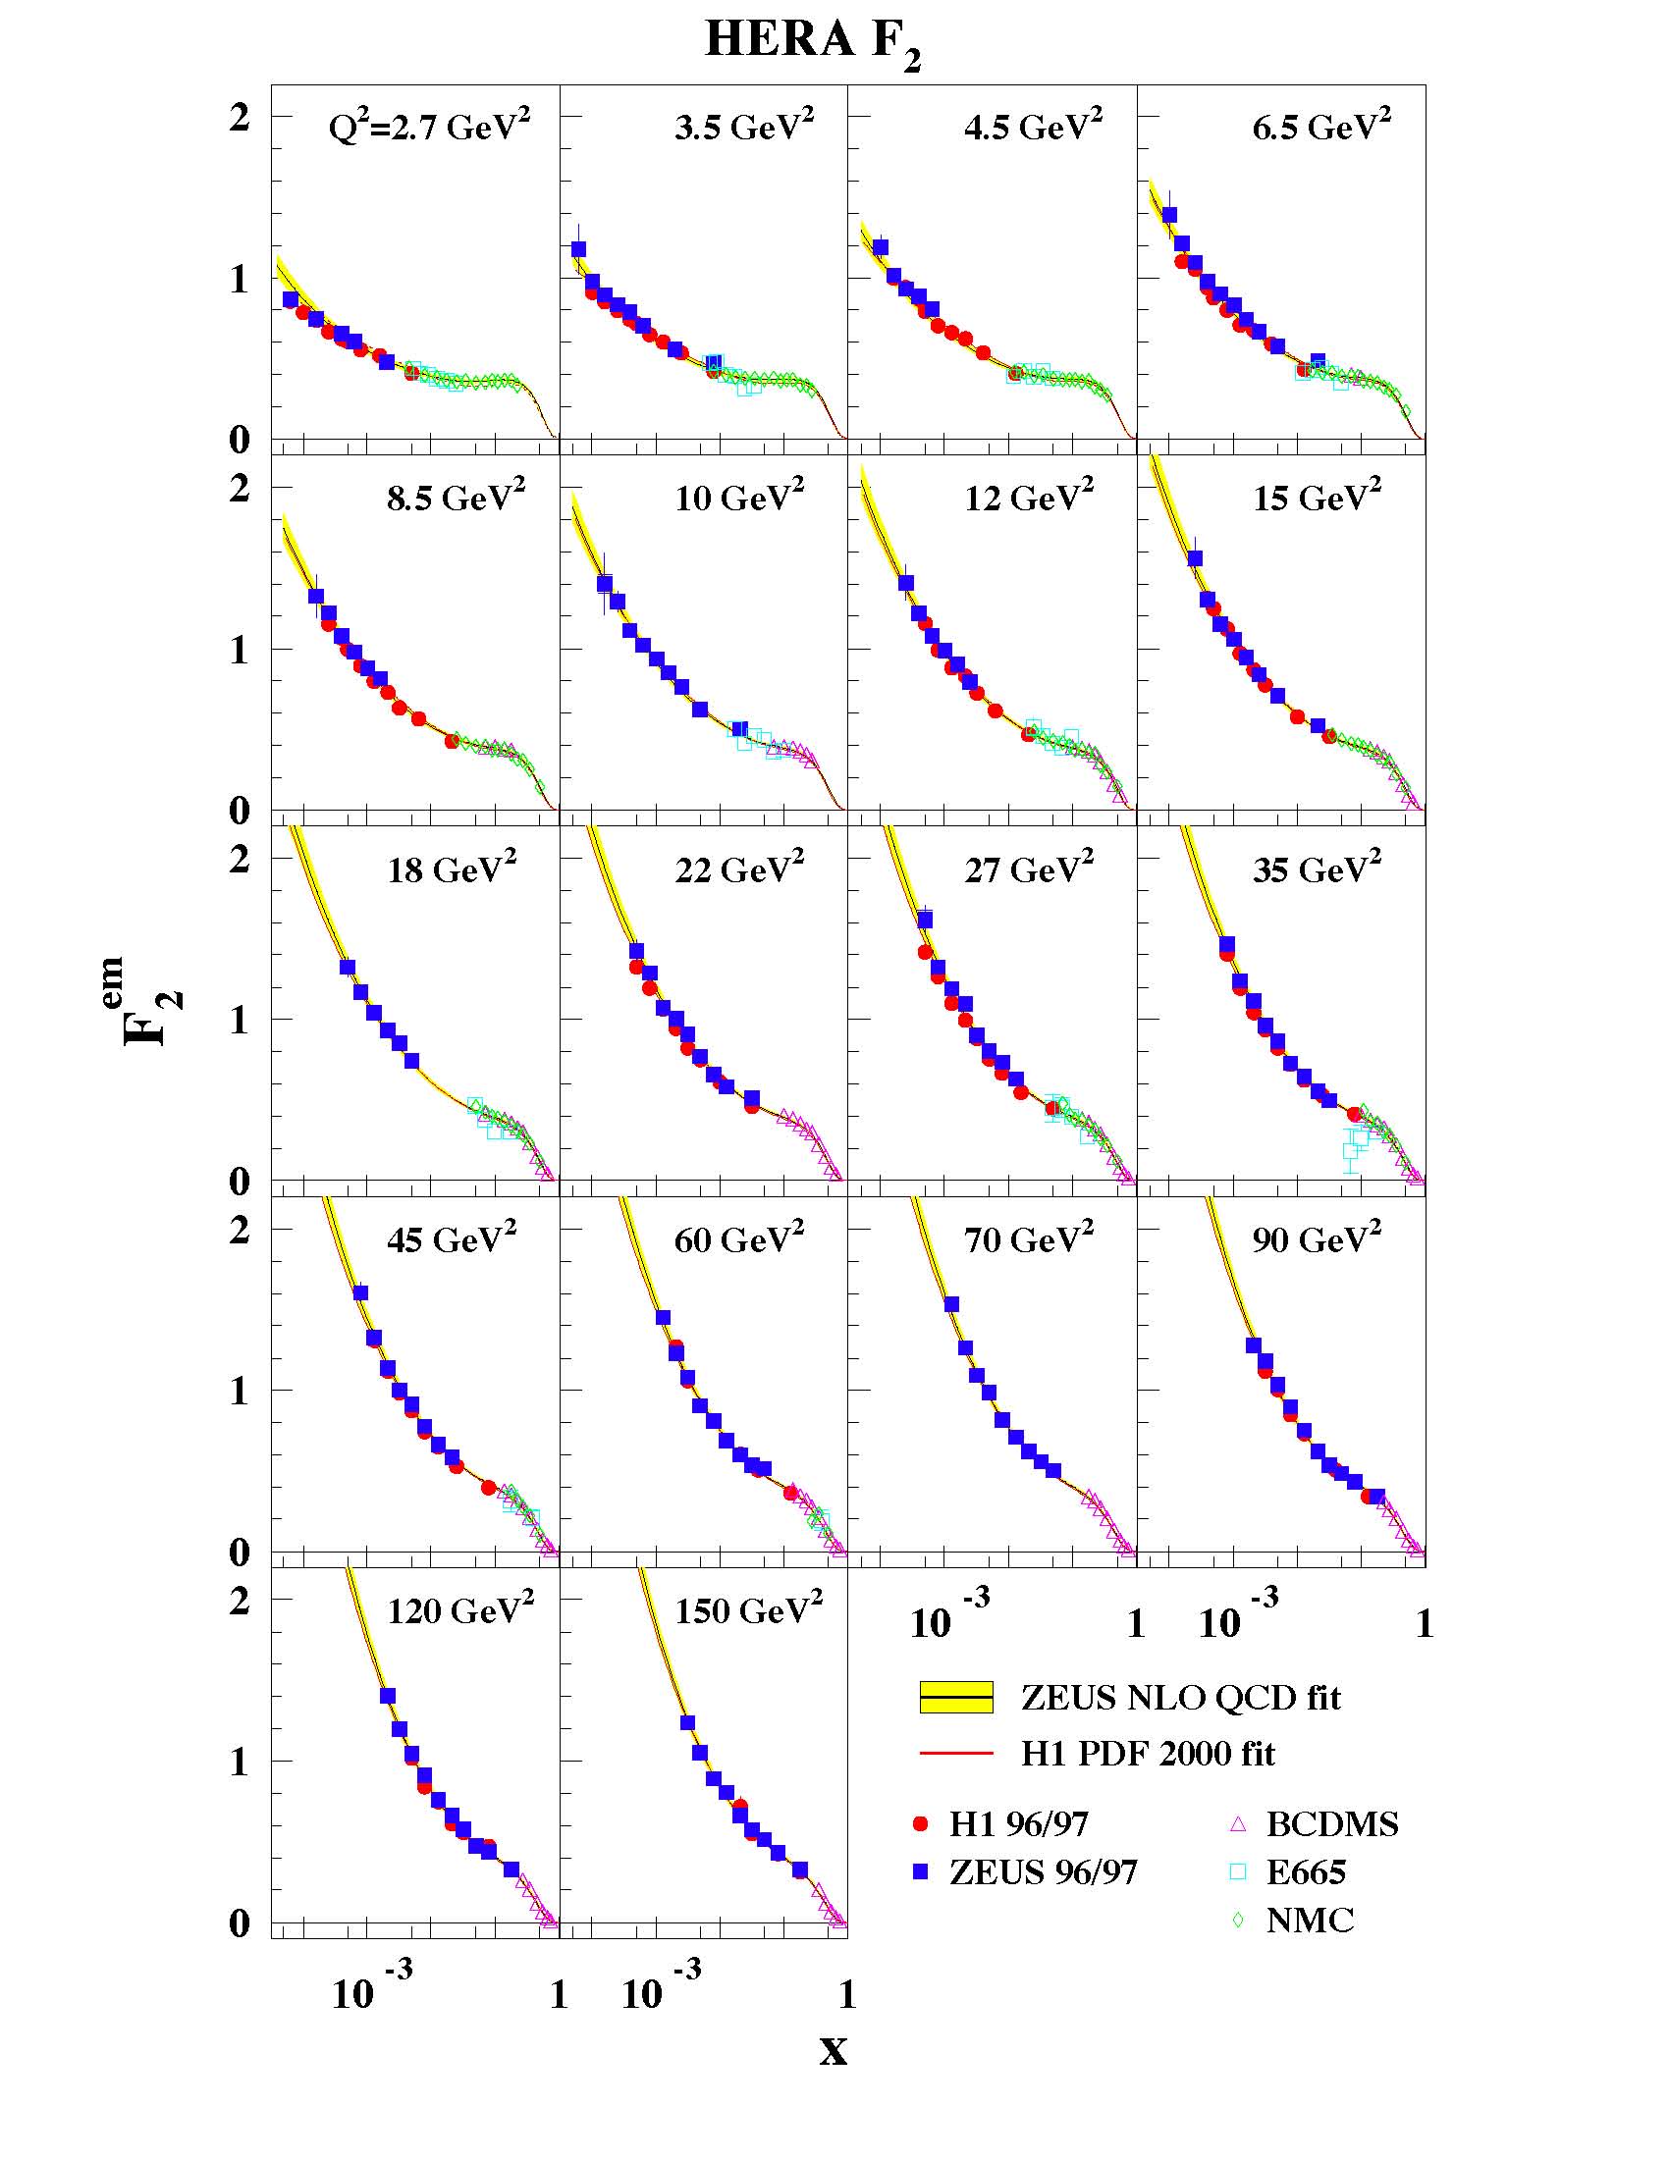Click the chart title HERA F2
point(812,42)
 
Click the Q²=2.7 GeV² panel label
point(429,126)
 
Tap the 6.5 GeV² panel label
point(1320,126)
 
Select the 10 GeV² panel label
point(739,497)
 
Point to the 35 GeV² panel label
point(1317,868)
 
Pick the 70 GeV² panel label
point(1028,1238)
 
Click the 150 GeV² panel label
point(748,1610)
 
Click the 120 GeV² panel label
point(459,1610)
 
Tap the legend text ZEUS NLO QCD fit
point(1180,1698)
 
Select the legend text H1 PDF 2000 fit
point(1147,1753)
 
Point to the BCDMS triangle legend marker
point(1238,1824)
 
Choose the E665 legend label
point(1305,1871)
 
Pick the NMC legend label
point(1309,1920)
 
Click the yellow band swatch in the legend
point(956,1698)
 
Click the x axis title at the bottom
point(834,2052)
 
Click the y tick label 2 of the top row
point(240,117)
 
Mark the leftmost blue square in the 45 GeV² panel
point(361,1293)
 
